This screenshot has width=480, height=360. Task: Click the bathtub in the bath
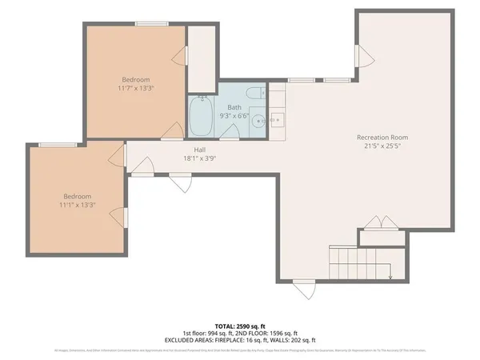click(x=200, y=117)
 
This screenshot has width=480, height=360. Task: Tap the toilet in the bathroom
click(x=254, y=95)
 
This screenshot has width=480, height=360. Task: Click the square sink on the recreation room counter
click(x=278, y=121)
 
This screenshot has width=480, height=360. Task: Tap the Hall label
click(x=200, y=150)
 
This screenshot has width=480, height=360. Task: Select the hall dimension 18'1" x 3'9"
click(x=200, y=158)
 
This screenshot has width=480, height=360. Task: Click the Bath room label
click(x=234, y=106)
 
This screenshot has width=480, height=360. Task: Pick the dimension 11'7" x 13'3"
click(x=135, y=88)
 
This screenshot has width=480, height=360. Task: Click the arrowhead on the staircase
click(x=390, y=277)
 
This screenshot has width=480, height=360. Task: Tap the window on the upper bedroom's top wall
click(x=146, y=23)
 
